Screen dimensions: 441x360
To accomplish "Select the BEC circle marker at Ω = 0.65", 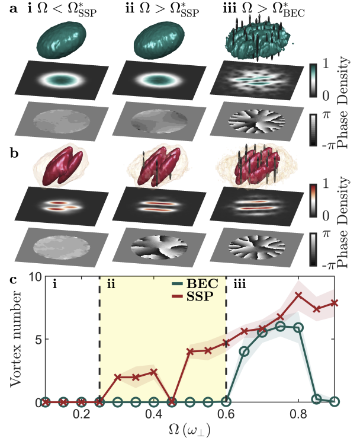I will coord(243,351).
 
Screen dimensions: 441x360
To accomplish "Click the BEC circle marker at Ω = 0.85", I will coord(317,399).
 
